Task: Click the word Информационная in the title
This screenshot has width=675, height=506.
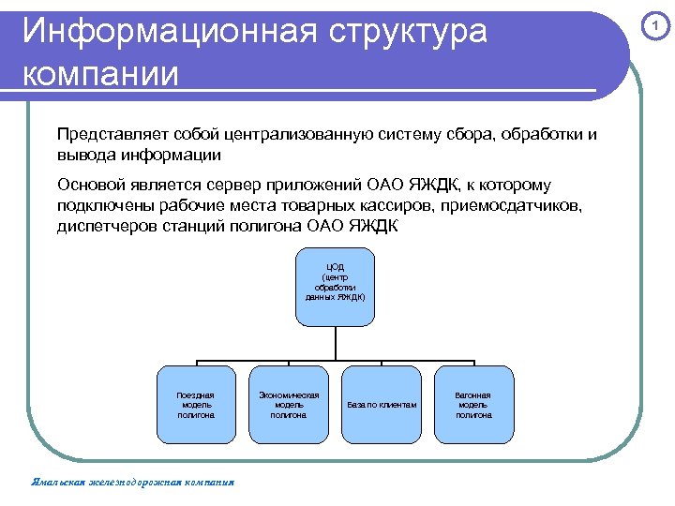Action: point(170,32)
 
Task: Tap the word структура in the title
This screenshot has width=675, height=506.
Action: point(409,32)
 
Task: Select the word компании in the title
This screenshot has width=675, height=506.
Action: point(100,73)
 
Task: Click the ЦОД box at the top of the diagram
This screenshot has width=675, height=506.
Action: point(336,287)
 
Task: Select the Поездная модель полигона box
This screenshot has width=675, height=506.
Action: point(196,404)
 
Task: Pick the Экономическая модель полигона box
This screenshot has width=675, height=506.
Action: point(289,404)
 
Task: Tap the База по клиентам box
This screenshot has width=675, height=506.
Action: point(382,404)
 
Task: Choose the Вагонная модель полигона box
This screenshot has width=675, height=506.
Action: point(473,404)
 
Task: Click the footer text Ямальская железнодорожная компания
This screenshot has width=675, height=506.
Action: point(132,483)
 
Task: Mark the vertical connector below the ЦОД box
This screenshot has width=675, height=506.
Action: point(336,343)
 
